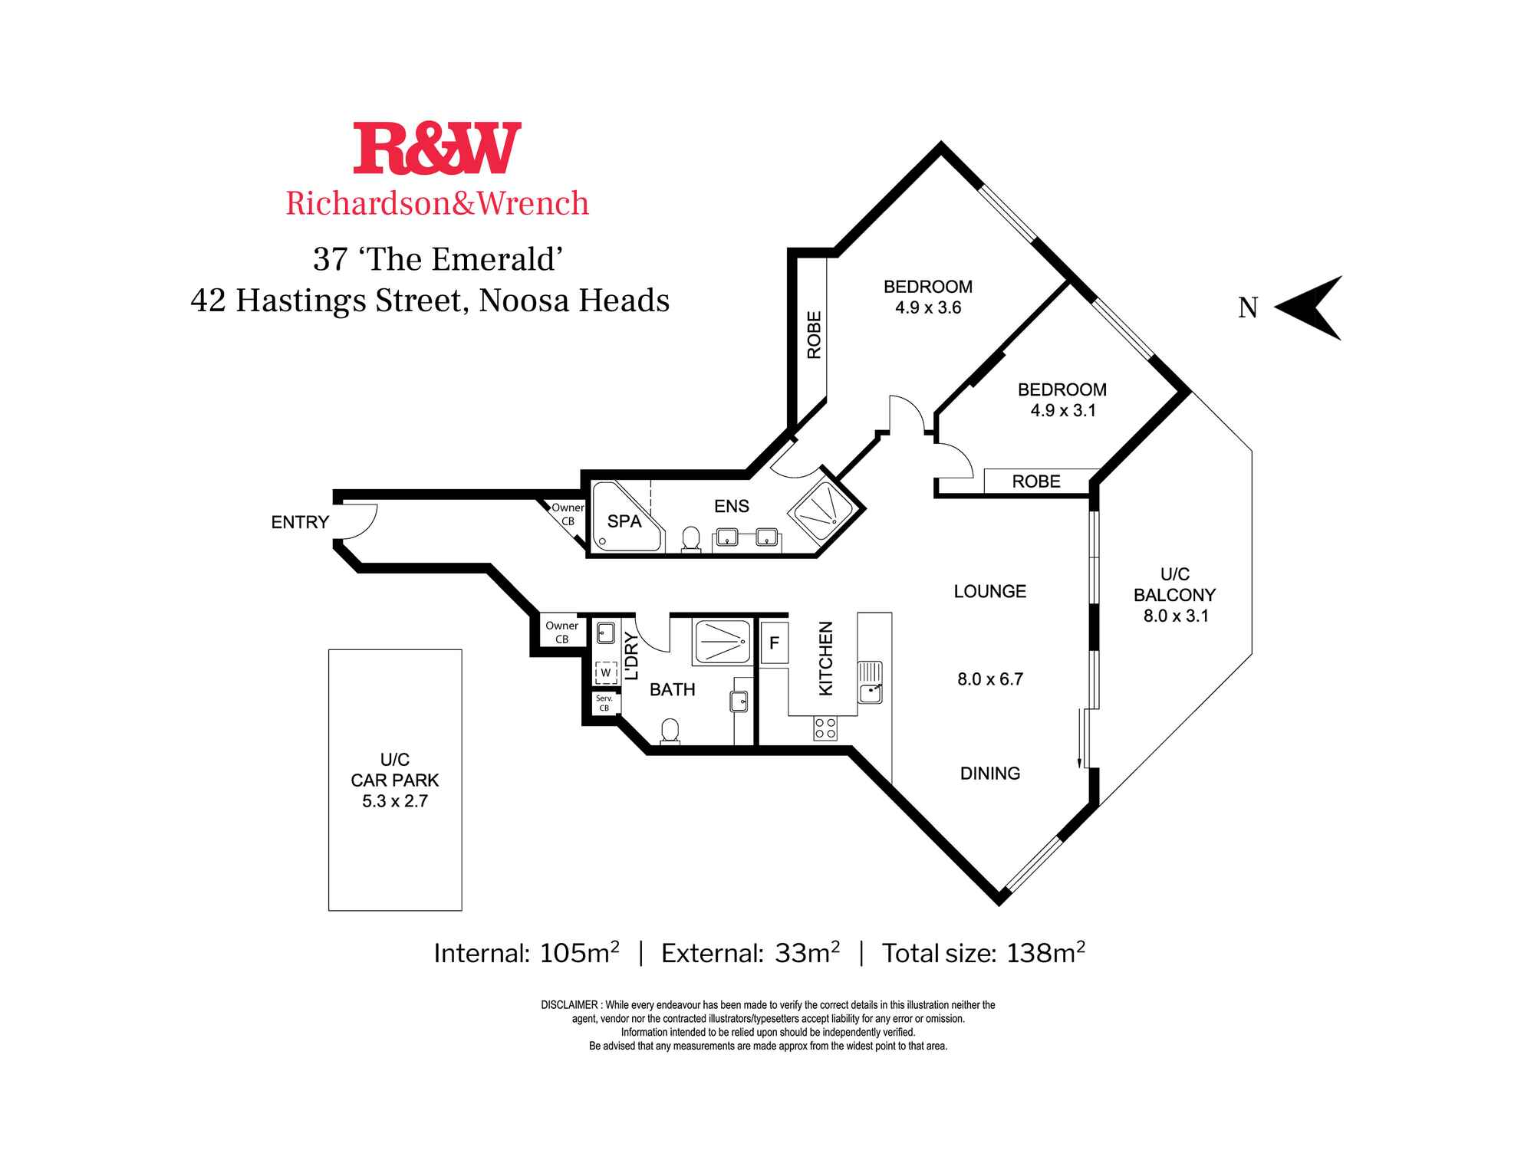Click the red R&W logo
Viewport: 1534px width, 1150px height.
pos(437,148)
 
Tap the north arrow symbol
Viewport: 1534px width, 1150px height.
pos(1308,307)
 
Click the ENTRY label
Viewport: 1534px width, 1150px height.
pos(300,522)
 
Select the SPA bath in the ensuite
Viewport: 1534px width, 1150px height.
pos(624,517)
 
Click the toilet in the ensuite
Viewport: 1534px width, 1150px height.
pos(691,538)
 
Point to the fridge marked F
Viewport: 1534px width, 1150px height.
pos(774,642)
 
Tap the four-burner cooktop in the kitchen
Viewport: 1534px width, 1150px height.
pos(825,728)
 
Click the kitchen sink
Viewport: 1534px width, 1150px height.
pos(871,682)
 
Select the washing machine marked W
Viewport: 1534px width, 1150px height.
pos(606,672)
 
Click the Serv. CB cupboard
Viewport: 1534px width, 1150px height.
pos(604,703)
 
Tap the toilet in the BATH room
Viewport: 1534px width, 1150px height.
pos(670,731)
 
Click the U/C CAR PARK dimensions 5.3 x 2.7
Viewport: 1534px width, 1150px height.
pos(395,801)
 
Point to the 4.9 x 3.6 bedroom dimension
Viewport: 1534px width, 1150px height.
pos(928,307)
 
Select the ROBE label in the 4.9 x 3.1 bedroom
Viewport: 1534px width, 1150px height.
pos(1036,481)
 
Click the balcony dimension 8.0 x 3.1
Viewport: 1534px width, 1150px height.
pos(1176,616)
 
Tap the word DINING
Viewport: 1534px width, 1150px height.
pos(990,774)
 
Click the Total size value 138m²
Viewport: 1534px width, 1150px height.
pos(1045,952)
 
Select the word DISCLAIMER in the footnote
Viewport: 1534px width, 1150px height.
pos(569,1005)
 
